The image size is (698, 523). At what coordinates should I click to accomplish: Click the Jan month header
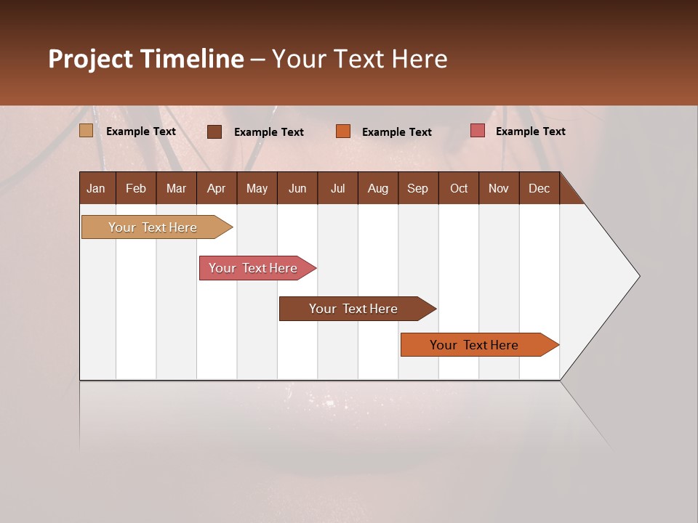pos(96,188)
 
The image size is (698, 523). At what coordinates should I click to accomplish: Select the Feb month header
pos(136,188)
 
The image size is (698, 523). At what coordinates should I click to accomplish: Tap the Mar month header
pos(176,188)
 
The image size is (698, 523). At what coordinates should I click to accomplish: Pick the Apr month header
pos(216,188)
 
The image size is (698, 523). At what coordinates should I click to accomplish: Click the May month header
pos(257,188)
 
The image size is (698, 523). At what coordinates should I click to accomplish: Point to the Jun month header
pos(297,188)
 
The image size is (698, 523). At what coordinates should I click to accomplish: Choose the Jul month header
pos(337,188)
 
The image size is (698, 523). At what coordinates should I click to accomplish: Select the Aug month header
pos(377,188)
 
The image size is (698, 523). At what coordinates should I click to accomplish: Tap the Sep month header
pos(417,188)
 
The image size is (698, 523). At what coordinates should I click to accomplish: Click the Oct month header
pos(459,188)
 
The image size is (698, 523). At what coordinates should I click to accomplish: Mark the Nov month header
pos(499,188)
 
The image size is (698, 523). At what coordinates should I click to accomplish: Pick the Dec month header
pos(539,188)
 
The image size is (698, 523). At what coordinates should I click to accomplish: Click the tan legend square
pos(86,131)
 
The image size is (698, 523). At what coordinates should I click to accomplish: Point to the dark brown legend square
pos(214,131)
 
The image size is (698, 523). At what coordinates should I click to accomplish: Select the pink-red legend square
pos(478,131)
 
